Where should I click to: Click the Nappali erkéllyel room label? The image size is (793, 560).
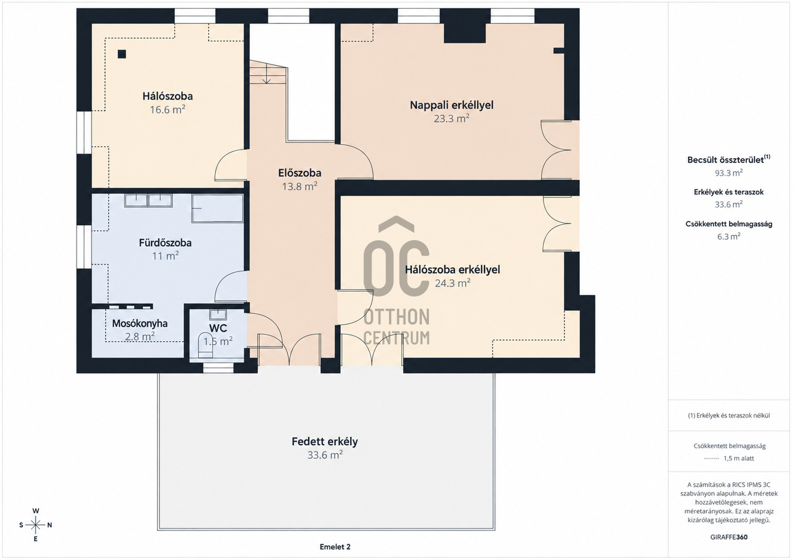(x=451, y=105)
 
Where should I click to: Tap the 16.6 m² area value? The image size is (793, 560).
(x=167, y=109)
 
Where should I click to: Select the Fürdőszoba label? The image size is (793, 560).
(x=165, y=243)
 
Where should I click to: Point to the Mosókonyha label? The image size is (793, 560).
(x=139, y=323)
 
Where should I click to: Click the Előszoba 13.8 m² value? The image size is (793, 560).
(x=299, y=186)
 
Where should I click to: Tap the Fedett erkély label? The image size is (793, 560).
(x=325, y=442)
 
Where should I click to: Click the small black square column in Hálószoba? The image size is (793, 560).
(x=122, y=54)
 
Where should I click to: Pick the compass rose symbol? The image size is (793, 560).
(x=36, y=525)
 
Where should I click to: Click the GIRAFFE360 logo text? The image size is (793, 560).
(x=729, y=537)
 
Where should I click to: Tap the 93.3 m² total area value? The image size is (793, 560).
(x=729, y=173)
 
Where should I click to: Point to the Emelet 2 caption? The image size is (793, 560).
(x=335, y=547)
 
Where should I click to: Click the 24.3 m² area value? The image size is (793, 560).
(x=452, y=283)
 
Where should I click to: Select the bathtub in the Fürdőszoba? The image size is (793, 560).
(x=217, y=208)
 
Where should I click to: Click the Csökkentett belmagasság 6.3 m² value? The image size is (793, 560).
(x=729, y=236)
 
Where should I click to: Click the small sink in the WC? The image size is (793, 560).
(x=218, y=315)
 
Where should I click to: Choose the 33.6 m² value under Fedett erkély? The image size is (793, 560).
(x=325, y=455)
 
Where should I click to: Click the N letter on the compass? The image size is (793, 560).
(x=49, y=525)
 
